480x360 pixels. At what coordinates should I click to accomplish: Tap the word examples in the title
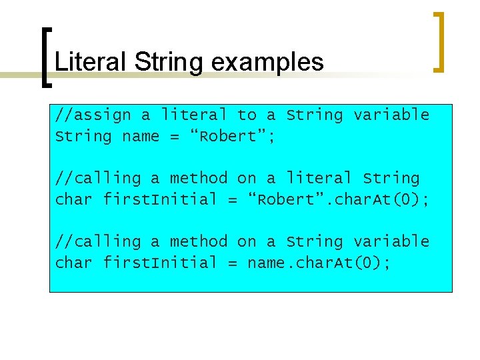[x=267, y=62]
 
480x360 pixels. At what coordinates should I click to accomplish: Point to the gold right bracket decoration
[x=438, y=41]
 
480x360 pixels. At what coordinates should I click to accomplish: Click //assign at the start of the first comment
[x=93, y=115]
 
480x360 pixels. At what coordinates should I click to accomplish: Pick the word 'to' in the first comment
[x=247, y=115]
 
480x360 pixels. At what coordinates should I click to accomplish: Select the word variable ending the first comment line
[x=391, y=115]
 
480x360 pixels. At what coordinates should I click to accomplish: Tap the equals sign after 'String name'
[x=175, y=136]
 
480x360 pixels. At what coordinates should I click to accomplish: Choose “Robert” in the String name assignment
[x=227, y=136]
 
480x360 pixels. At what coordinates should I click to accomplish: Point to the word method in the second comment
[x=199, y=178]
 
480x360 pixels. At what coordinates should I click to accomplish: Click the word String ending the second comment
[x=391, y=178]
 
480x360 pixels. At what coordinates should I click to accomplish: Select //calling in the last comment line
[x=98, y=241]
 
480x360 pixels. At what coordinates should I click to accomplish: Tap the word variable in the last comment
[x=391, y=241]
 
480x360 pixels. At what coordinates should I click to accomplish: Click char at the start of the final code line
[x=74, y=263]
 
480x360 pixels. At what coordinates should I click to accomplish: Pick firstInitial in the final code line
[x=160, y=263]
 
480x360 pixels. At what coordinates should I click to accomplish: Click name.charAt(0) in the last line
[x=319, y=263]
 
